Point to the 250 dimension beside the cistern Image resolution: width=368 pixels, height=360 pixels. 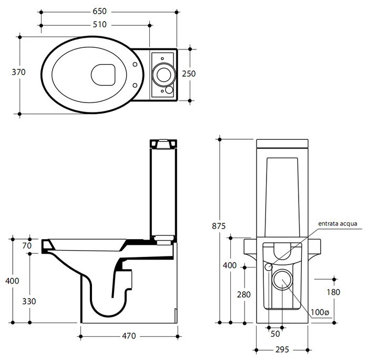click(x=189, y=74)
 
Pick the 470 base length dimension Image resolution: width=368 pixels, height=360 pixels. click(x=129, y=335)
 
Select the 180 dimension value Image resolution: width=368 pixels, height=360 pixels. click(x=332, y=292)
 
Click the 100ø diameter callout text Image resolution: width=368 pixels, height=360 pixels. click(x=319, y=312)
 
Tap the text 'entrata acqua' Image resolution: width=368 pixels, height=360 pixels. click(x=338, y=223)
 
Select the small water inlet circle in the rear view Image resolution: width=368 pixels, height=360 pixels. click(x=269, y=267)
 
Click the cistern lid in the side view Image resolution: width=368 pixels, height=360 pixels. click(x=162, y=142)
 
